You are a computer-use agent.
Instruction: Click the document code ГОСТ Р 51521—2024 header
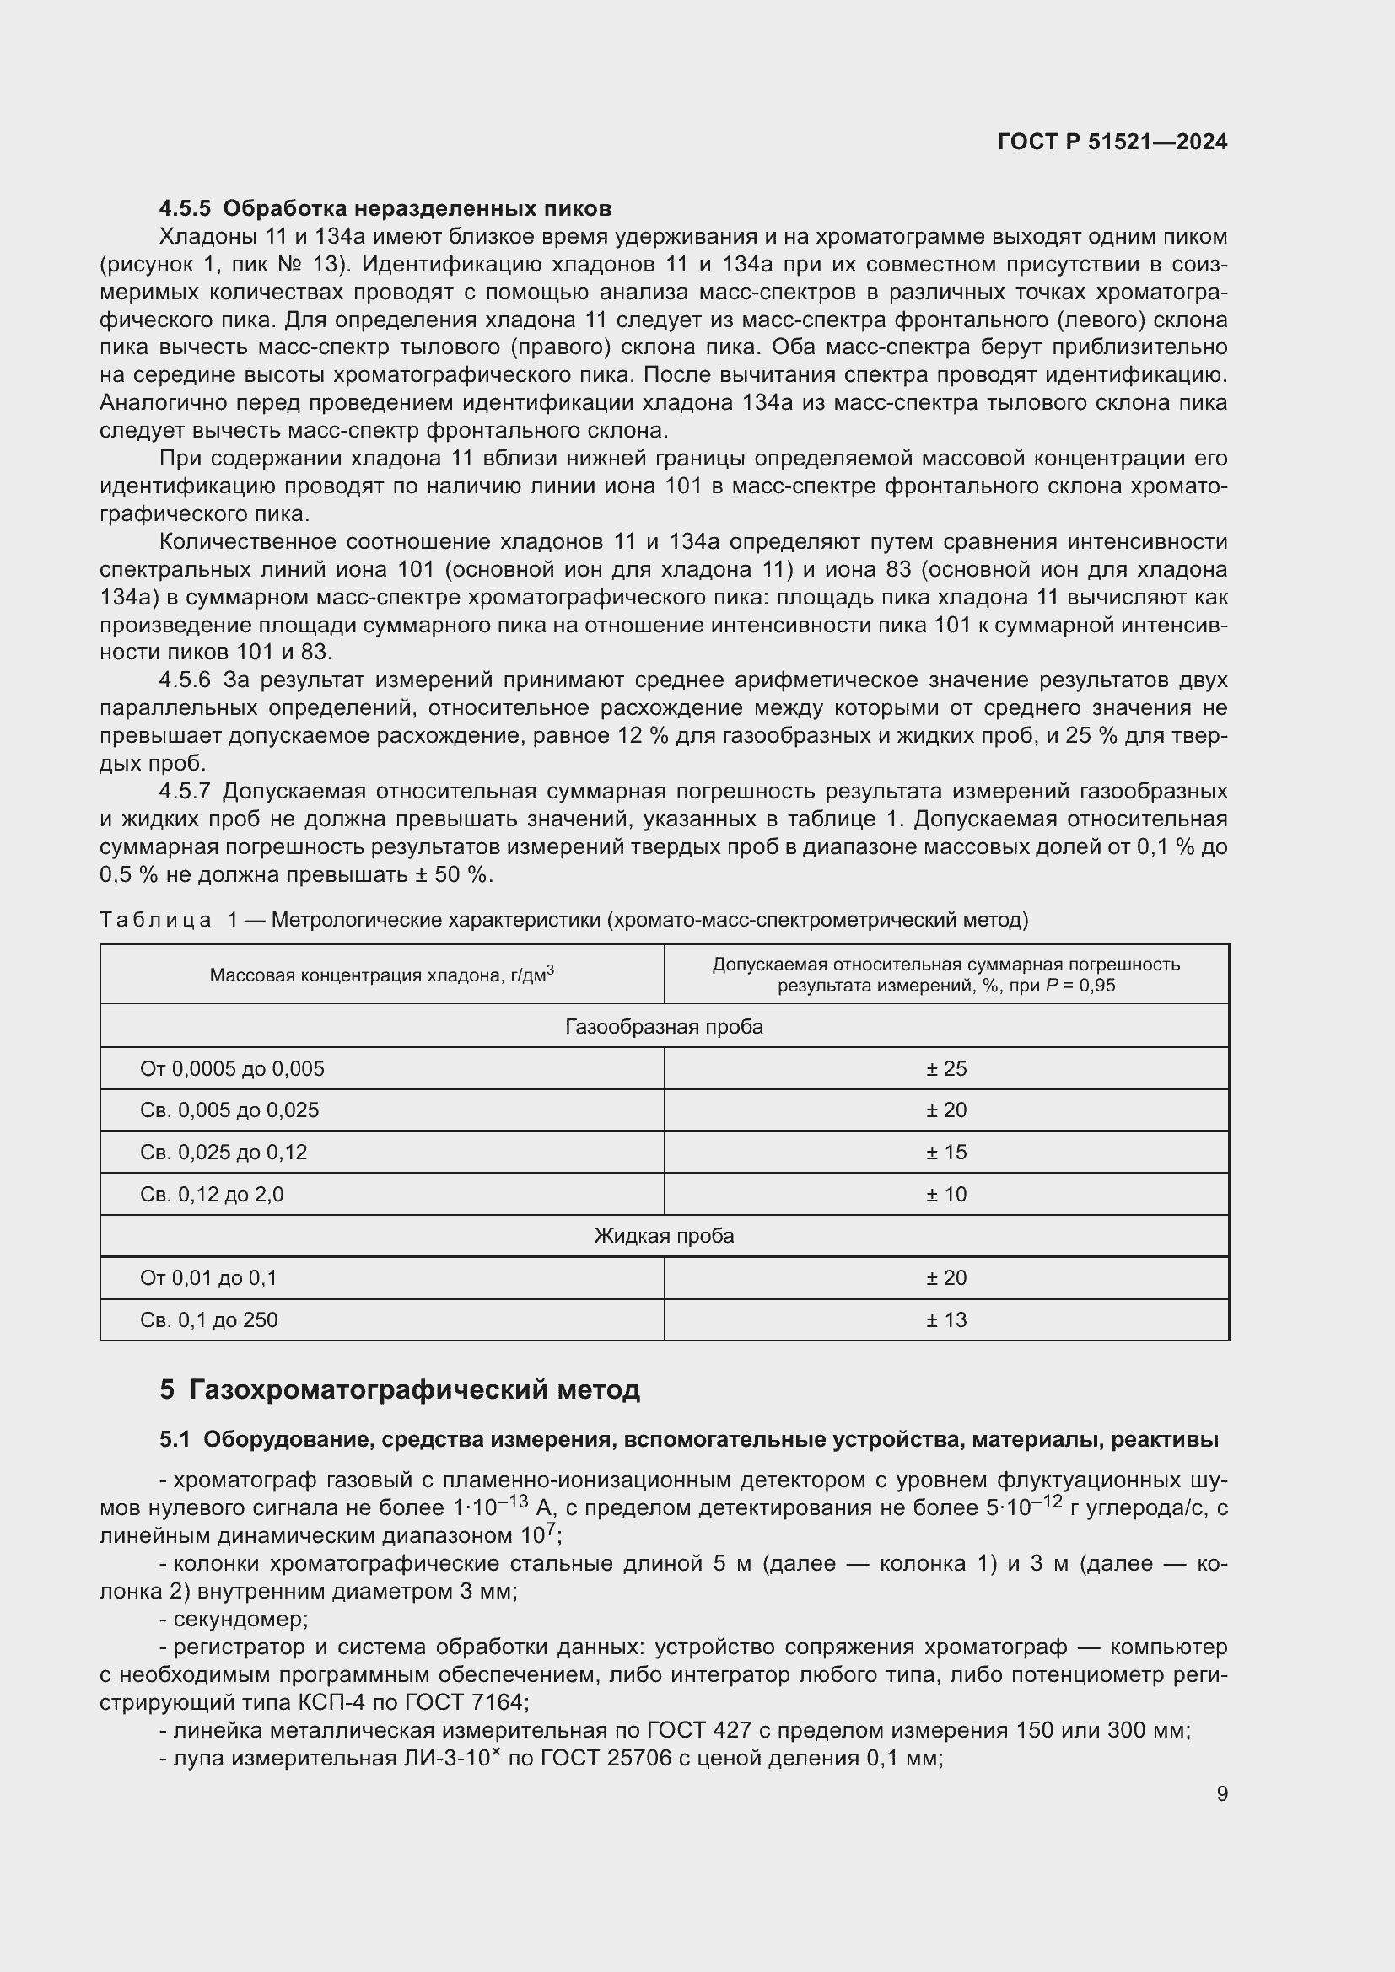coord(1112,142)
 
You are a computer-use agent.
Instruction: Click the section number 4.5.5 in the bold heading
coord(185,209)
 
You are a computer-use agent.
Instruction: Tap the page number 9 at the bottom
coord(1221,1793)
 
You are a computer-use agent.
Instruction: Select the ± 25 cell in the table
coord(945,1068)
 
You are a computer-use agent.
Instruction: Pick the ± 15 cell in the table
coord(945,1152)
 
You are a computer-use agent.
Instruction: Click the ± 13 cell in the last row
coord(945,1319)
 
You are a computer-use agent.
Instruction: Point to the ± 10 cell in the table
coord(945,1194)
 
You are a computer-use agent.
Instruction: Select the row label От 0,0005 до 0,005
coord(232,1068)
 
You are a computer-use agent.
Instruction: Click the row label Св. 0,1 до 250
coord(208,1319)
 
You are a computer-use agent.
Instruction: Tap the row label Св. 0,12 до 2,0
coord(212,1194)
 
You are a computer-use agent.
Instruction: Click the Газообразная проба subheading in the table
coord(663,1026)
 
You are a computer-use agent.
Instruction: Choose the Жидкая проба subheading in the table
coord(663,1236)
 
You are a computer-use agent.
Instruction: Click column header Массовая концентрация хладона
coord(381,975)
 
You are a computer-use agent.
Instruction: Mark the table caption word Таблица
coord(155,920)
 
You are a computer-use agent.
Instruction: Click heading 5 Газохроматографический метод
coord(400,1389)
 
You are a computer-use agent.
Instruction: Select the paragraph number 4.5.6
coord(185,680)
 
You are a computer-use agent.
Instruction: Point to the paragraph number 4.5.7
coord(185,791)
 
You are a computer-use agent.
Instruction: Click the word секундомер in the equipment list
coord(239,1619)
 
